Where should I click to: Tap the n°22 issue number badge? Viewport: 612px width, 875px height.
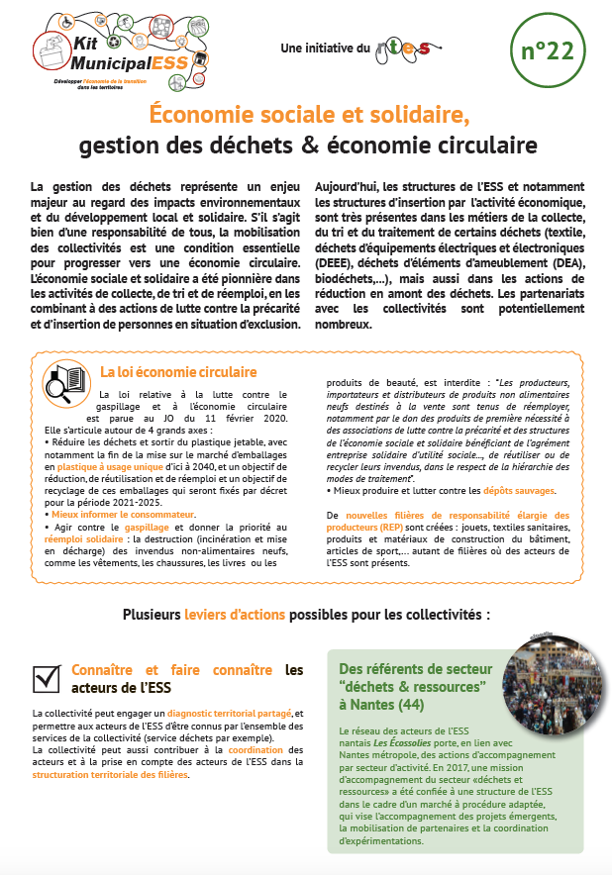pyautogui.click(x=547, y=52)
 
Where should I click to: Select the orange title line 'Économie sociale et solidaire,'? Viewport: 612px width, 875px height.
pyautogui.click(x=310, y=114)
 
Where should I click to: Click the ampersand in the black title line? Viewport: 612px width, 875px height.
pyautogui.click(x=308, y=145)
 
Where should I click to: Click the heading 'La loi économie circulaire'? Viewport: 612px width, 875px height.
pyautogui.click(x=178, y=372)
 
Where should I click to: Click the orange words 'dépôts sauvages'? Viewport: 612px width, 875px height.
pyautogui.click(x=520, y=491)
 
